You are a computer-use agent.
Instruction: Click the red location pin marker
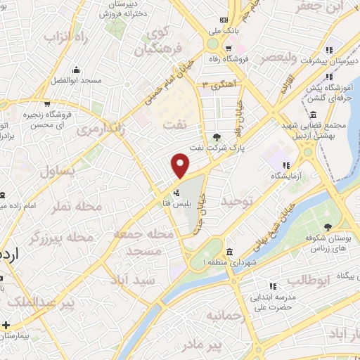[x=181, y=165]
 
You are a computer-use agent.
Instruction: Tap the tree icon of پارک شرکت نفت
[x=217, y=137]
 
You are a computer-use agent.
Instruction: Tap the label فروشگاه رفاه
[x=251, y=59]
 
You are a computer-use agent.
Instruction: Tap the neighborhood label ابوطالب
[x=307, y=280]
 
